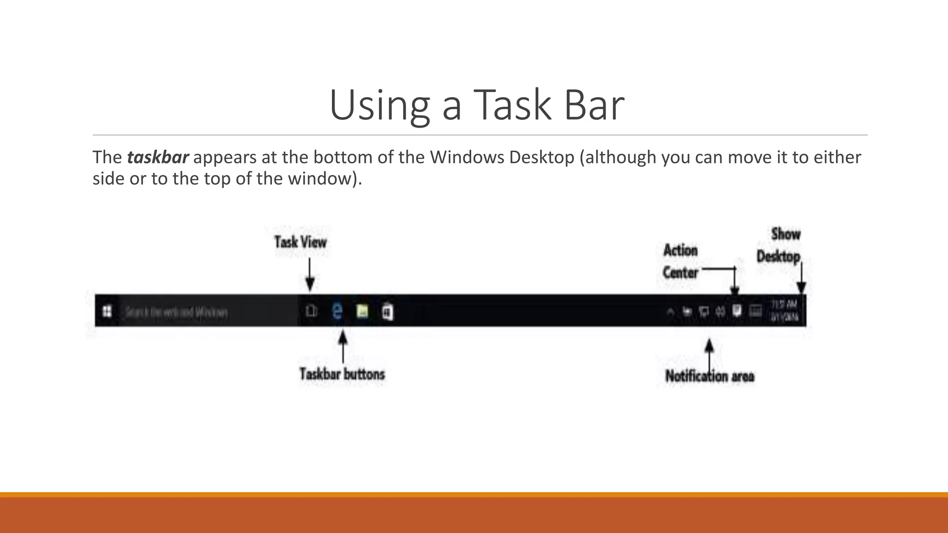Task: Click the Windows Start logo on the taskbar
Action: [107, 311]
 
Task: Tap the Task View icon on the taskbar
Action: [312, 311]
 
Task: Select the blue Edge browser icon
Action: [337, 311]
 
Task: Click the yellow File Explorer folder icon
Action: [362, 311]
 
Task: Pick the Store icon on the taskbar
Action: [387, 312]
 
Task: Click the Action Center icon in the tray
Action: [737, 310]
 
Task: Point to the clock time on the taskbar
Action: [784, 304]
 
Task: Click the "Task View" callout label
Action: [300, 242]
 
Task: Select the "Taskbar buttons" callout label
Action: [342, 374]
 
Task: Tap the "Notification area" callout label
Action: [710, 376]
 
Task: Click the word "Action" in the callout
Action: [680, 250]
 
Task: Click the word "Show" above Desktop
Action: [786, 234]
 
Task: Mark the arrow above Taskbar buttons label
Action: [343, 347]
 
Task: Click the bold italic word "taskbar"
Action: [158, 157]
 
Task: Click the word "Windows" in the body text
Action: [467, 157]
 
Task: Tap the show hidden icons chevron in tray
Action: [670, 312]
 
